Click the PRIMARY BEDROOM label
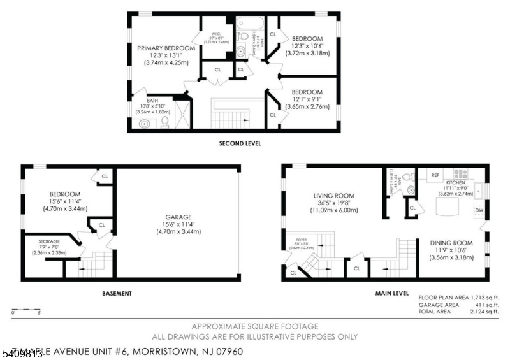[166, 48]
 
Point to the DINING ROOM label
[451, 243]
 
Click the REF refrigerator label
[436, 175]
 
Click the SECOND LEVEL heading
[240, 143]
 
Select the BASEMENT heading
[117, 294]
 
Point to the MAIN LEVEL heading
[392, 294]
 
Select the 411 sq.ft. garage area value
[487, 305]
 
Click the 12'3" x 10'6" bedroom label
[307, 46]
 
